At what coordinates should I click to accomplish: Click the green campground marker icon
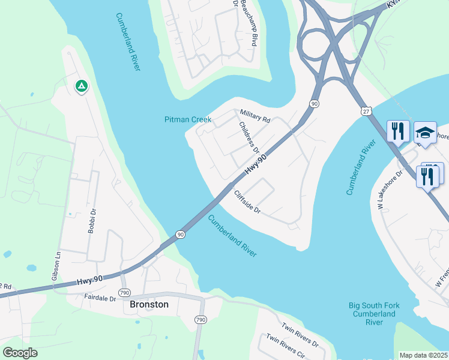coord(81,86)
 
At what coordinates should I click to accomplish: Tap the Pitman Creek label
coord(188,119)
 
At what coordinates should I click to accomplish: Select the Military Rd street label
coord(255,116)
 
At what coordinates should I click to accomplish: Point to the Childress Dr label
coord(249,137)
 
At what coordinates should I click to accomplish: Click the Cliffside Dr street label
coord(247,202)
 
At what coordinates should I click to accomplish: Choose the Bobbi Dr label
coord(93,223)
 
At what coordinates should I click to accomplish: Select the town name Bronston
coord(149,304)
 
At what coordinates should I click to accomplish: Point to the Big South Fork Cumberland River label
coord(375,314)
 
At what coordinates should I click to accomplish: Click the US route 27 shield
coord(366,111)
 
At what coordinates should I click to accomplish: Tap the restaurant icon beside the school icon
coord(398,130)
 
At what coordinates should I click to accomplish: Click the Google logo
coord(20,353)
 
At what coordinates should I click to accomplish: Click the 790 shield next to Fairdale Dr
coord(124,292)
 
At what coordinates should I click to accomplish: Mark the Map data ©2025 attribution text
coord(423,355)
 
